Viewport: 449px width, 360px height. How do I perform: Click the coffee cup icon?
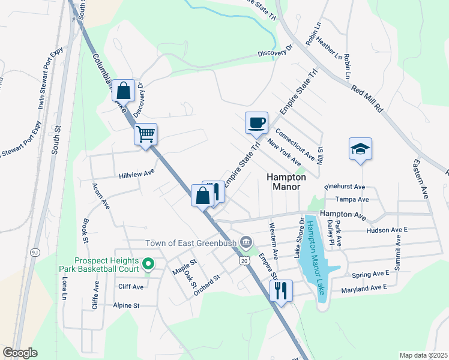tap(256, 123)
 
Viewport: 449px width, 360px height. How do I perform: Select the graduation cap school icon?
tap(360, 149)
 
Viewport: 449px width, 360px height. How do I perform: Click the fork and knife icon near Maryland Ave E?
tap(281, 291)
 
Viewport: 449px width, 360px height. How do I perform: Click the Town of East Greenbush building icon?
tap(246, 242)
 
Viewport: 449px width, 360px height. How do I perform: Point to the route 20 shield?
tap(243, 260)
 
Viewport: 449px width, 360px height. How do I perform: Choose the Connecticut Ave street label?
tap(295, 144)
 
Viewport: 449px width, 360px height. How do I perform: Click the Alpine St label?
tap(126, 305)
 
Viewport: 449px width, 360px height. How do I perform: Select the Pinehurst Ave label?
tap(345, 187)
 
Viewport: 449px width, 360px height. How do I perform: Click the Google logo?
tap(20, 353)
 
